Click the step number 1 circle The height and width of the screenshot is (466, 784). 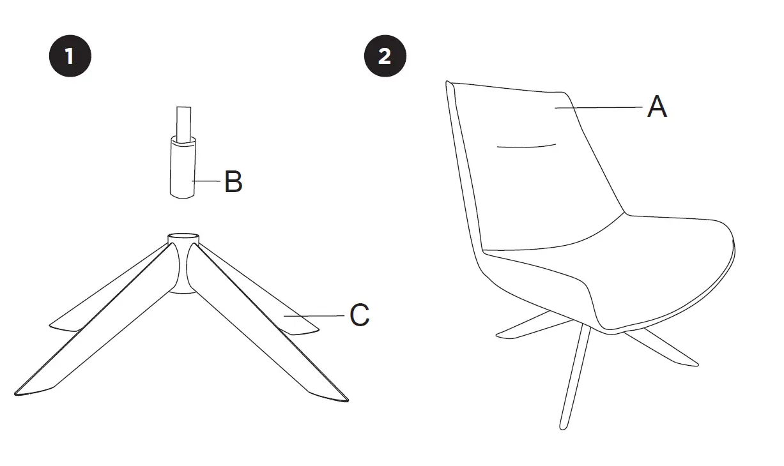point(70,56)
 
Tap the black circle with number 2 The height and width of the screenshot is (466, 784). point(385,56)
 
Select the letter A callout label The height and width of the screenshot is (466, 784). point(657,107)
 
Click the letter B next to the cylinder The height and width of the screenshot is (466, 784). point(233,183)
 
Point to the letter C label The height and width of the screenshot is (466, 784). point(359,315)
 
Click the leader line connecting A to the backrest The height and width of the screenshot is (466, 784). point(597,108)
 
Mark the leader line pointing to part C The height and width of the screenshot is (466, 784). point(314,316)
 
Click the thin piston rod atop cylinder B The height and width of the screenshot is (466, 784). point(184,121)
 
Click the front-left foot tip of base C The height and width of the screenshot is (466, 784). point(26,391)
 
